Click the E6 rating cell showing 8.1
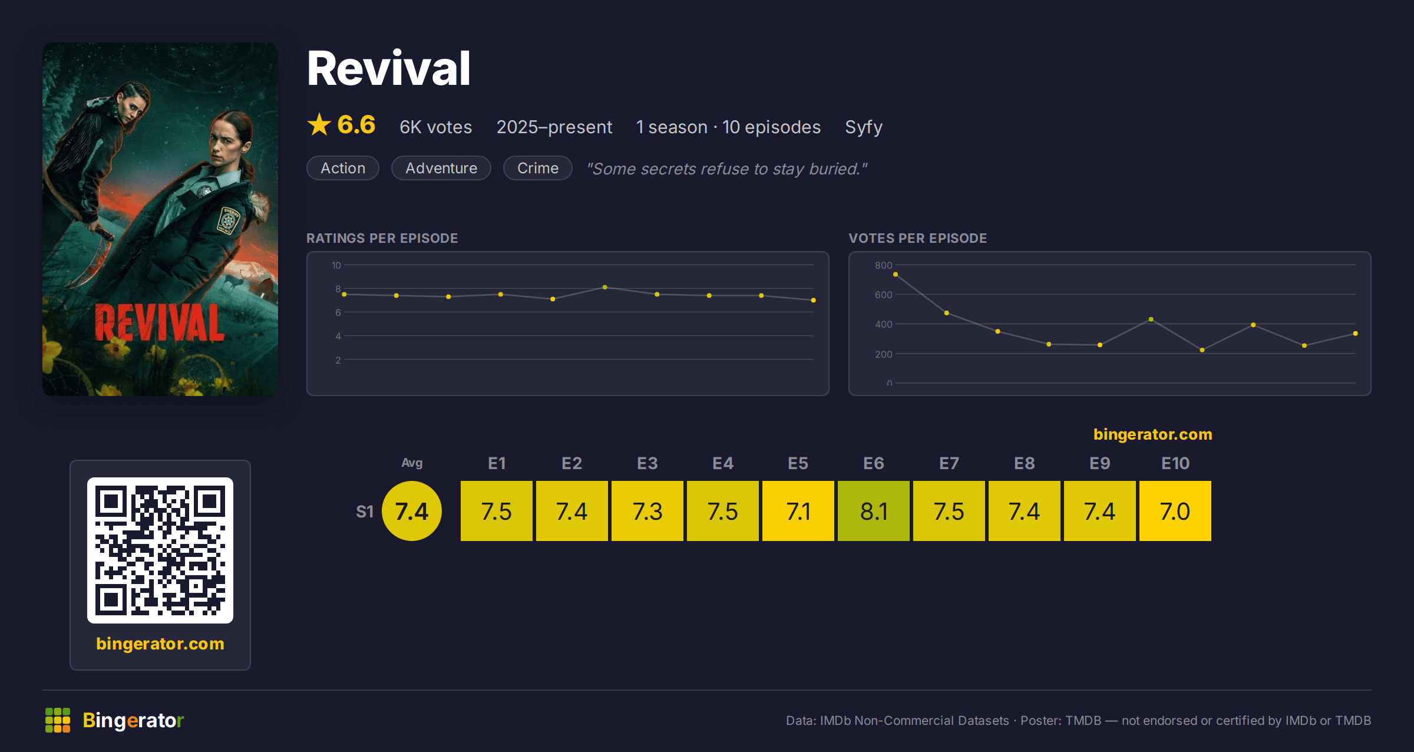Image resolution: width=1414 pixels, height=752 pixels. (x=874, y=511)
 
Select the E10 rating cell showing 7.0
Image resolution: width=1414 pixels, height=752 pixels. (x=1175, y=511)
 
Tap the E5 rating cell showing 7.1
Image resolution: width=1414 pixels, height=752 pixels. (x=798, y=511)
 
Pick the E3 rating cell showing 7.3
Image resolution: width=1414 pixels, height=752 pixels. (x=647, y=511)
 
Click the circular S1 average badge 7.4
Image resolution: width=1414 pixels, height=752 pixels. (x=412, y=511)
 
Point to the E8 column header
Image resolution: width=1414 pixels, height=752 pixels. (x=1025, y=463)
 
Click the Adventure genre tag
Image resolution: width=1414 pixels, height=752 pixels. (x=441, y=168)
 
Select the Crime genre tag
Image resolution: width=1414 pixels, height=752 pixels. (x=538, y=168)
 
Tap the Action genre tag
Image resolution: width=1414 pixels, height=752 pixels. (x=343, y=168)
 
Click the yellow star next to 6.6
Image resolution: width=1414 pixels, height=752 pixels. (x=319, y=124)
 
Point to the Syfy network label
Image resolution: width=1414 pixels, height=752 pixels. (x=864, y=127)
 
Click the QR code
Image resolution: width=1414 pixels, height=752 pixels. (x=160, y=550)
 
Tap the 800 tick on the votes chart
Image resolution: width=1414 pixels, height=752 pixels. (x=883, y=265)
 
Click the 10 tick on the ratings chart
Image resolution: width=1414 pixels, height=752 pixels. (x=336, y=265)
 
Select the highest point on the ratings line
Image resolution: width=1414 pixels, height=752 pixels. (x=605, y=288)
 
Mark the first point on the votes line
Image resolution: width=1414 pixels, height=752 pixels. (x=896, y=275)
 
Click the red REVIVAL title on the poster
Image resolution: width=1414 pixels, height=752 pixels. (x=160, y=322)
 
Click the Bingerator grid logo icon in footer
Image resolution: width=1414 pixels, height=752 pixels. (x=58, y=720)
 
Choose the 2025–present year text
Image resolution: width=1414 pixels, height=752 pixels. (x=554, y=127)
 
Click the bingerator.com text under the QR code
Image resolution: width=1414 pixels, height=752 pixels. (x=160, y=644)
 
